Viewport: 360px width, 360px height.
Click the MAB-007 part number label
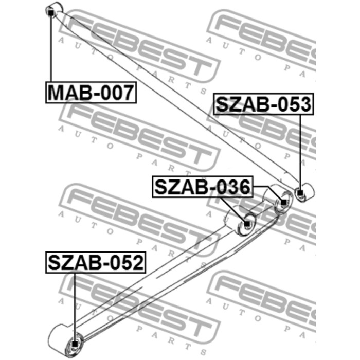(x=91, y=92)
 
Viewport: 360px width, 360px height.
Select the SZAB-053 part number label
(x=263, y=104)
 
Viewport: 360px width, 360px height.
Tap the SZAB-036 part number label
(x=203, y=187)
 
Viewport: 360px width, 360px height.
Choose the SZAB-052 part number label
(x=96, y=262)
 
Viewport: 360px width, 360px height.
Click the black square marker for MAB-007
(x=51, y=13)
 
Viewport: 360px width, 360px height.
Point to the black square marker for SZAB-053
(x=300, y=193)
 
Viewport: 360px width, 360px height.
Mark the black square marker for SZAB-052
(x=75, y=344)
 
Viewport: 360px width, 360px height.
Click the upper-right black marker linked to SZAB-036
(x=284, y=202)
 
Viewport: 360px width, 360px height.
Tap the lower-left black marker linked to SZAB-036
(x=247, y=224)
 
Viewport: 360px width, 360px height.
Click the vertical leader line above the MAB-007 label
(x=51, y=49)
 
